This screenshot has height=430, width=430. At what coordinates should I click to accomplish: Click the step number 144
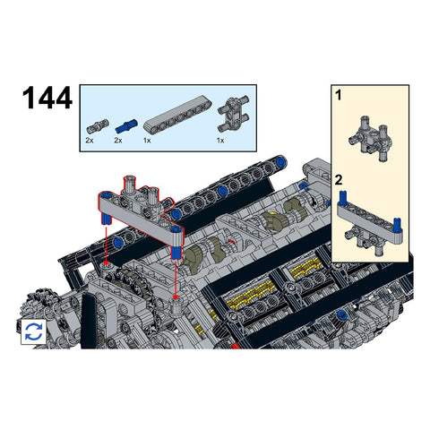[47, 98]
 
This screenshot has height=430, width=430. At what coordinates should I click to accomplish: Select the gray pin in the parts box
[98, 126]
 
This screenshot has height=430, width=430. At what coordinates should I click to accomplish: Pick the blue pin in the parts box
[126, 126]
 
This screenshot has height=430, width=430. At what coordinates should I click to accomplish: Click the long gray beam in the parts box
[177, 115]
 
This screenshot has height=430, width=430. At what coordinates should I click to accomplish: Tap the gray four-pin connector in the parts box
[234, 114]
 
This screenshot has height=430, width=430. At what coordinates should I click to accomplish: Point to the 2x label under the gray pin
[90, 140]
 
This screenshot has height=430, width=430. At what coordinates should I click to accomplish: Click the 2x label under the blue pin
[118, 140]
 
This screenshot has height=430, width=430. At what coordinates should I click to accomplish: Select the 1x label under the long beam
[147, 140]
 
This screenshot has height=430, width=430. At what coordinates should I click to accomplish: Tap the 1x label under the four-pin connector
[220, 140]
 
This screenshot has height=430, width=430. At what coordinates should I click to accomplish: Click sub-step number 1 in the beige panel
[339, 95]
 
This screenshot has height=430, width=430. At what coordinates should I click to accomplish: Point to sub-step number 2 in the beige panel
[339, 180]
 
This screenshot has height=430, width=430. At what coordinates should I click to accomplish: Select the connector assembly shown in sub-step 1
[369, 138]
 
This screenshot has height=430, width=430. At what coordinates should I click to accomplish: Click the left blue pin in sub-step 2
[343, 197]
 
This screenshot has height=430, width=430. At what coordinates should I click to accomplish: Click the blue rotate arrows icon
[34, 331]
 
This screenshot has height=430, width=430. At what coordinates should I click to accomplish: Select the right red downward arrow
[176, 279]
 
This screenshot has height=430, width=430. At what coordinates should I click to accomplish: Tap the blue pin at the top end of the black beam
[279, 162]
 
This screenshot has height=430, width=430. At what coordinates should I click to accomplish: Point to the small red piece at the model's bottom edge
[236, 346]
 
